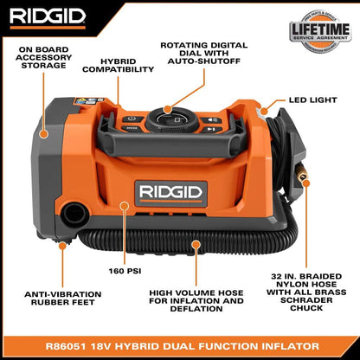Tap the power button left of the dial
tap(131, 119)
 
